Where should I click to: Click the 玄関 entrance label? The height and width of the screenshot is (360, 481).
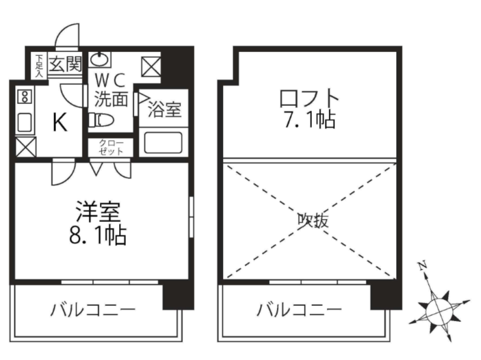[x=64, y=63]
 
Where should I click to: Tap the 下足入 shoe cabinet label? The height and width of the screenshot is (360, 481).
[x=38, y=65]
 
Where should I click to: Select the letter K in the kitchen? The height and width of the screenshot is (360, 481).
[x=59, y=124]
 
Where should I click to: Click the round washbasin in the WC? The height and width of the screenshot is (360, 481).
[x=100, y=60]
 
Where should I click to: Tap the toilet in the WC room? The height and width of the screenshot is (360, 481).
[x=101, y=119]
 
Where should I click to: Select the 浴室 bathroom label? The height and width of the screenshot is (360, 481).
[x=165, y=110]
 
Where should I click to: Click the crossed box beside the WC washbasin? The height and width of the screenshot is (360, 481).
[x=152, y=67]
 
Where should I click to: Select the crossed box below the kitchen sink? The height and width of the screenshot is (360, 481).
[x=25, y=147]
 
